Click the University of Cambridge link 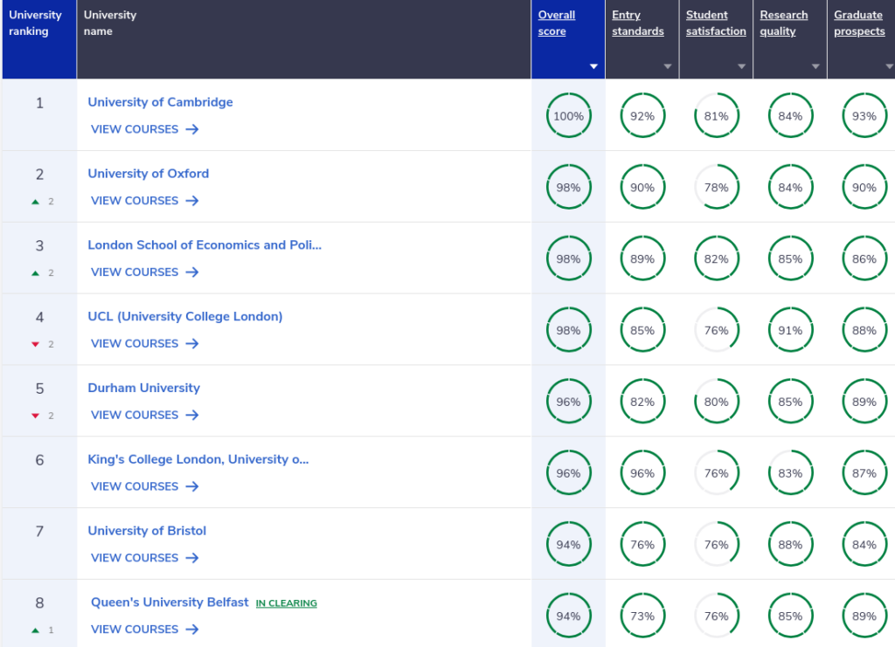tap(161, 102)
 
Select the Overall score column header tap(557, 23)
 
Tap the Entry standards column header tap(637, 23)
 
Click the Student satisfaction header tap(716, 23)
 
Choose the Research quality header tap(784, 23)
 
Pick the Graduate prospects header tap(859, 23)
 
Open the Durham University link tap(144, 388)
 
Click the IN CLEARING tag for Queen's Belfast tap(286, 603)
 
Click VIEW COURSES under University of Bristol tap(145, 558)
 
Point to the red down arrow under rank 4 tap(35, 344)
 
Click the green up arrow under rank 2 tap(35, 201)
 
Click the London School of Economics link tap(205, 245)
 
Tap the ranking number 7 tap(39, 531)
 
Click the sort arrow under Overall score tap(593, 66)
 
